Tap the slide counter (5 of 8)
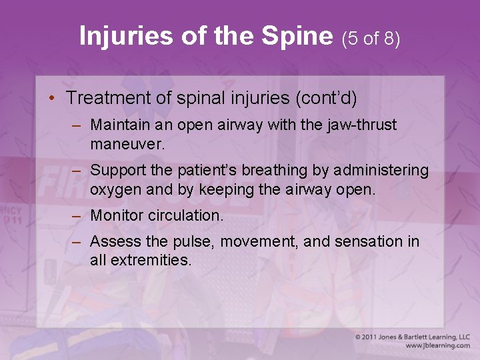coord(371,39)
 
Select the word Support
coord(116,170)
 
